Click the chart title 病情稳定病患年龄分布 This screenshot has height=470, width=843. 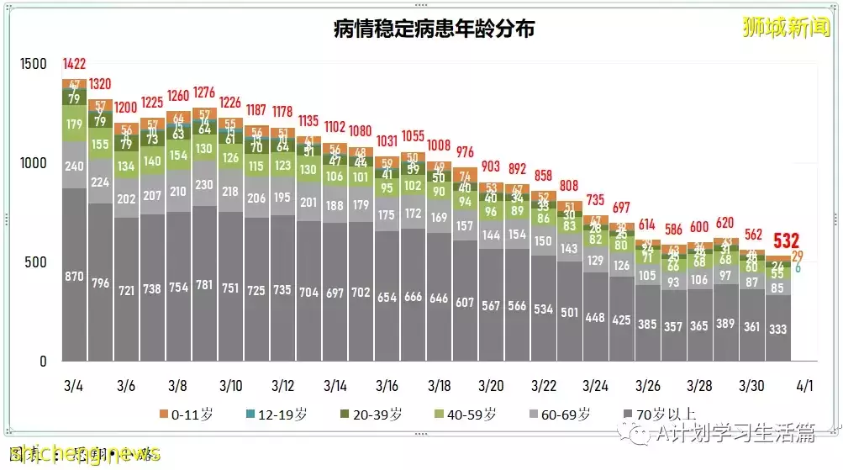(435, 29)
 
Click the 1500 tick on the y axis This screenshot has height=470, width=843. (34, 65)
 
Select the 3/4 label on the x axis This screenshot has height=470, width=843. (74, 386)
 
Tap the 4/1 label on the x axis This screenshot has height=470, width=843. (803, 386)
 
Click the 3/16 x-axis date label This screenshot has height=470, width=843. (387, 386)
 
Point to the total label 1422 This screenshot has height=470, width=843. (74, 64)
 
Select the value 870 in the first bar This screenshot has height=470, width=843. (74, 275)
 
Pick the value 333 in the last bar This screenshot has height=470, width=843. (778, 329)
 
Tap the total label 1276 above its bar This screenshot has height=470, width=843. (204, 92)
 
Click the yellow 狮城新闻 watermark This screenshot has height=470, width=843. (785, 27)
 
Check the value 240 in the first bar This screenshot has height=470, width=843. (74, 166)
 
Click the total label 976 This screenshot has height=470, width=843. (465, 152)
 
